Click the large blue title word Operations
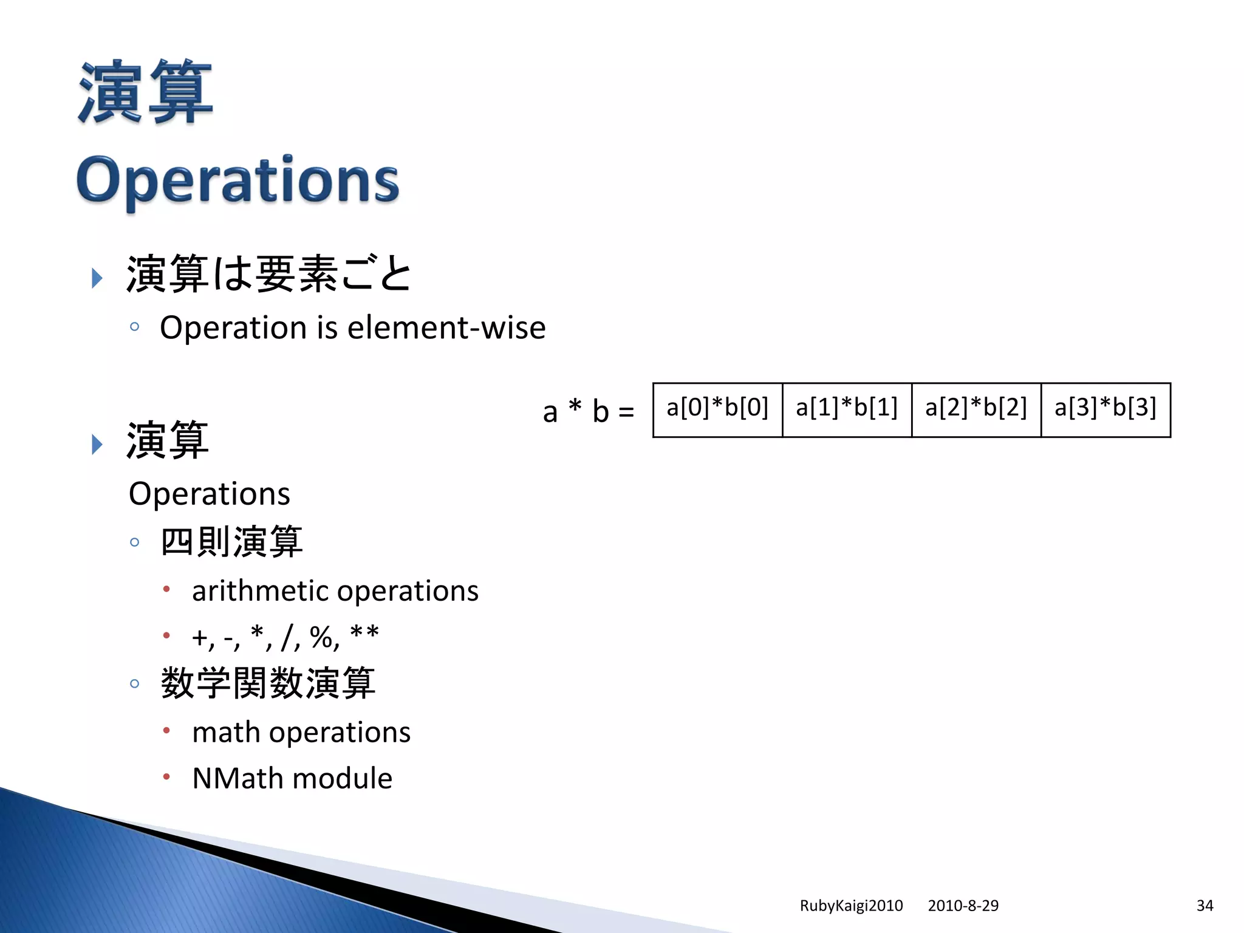238,180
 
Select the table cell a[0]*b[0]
717,408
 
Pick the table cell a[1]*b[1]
847,408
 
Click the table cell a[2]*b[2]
976,408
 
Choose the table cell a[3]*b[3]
1106,408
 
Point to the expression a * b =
588,412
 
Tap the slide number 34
1205,906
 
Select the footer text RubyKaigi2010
851,906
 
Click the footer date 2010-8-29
963,906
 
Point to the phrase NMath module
292,779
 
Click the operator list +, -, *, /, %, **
285,637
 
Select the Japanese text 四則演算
231,542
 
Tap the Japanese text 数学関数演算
268,683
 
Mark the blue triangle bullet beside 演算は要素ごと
97,278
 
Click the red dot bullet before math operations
166,730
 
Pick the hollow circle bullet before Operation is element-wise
135,327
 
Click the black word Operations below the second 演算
210,494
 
